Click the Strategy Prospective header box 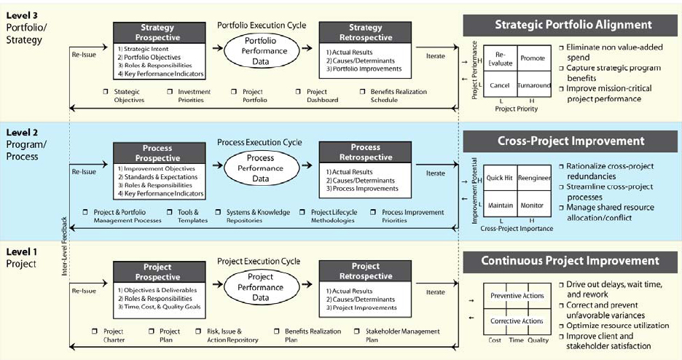(159, 31)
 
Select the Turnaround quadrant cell (534, 85)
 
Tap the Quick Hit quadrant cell (500, 178)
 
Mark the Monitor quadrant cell (533, 205)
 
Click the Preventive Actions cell (517, 295)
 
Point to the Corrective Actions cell (517, 321)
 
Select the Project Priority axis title (517, 109)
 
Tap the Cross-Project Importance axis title (517, 229)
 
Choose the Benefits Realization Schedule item (393, 95)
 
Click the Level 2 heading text (23, 132)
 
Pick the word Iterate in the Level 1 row (435, 292)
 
